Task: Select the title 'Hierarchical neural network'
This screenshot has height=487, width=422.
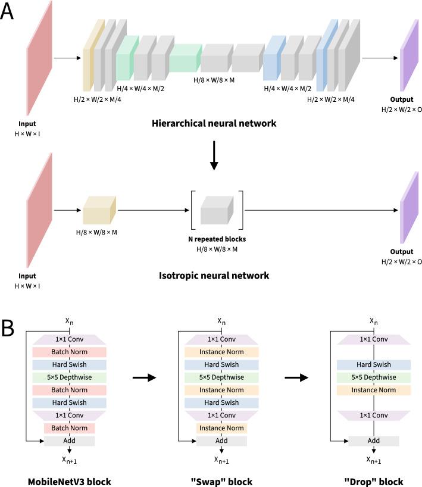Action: pyautogui.click(x=214, y=124)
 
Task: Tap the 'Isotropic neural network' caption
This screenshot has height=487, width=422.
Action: pyautogui.click(x=214, y=275)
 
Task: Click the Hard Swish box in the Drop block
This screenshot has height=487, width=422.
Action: pyautogui.click(x=373, y=364)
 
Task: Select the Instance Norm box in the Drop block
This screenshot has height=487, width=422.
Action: pyautogui.click(x=373, y=390)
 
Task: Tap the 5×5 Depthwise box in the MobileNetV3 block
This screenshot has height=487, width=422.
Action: pyautogui.click(x=69, y=377)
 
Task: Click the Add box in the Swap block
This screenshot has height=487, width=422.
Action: pyautogui.click(x=221, y=441)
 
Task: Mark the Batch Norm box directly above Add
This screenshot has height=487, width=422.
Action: pyautogui.click(x=69, y=428)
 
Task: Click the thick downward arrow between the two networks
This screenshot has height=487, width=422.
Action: pyautogui.click(x=214, y=156)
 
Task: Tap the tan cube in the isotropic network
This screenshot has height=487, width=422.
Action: pyautogui.click(x=99, y=210)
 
